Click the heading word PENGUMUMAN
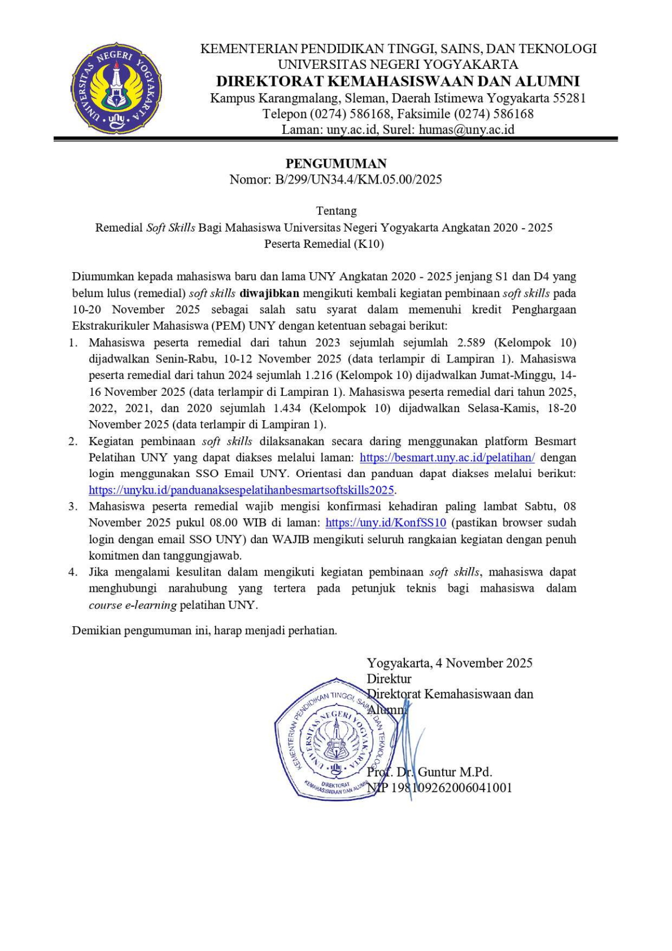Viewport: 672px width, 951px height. tap(336, 164)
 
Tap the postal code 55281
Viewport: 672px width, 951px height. tap(569, 98)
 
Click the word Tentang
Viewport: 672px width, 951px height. tap(336, 211)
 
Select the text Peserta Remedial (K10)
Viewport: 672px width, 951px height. tap(324, 244)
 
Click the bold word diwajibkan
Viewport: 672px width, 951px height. tap(269, 294)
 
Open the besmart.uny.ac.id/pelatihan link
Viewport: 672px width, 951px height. tap(447, 457)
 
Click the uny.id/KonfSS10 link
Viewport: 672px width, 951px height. tap(386, 523)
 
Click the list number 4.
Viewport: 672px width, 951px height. tap(72, 572)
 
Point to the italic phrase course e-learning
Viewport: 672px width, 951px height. tap(133, 605)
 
